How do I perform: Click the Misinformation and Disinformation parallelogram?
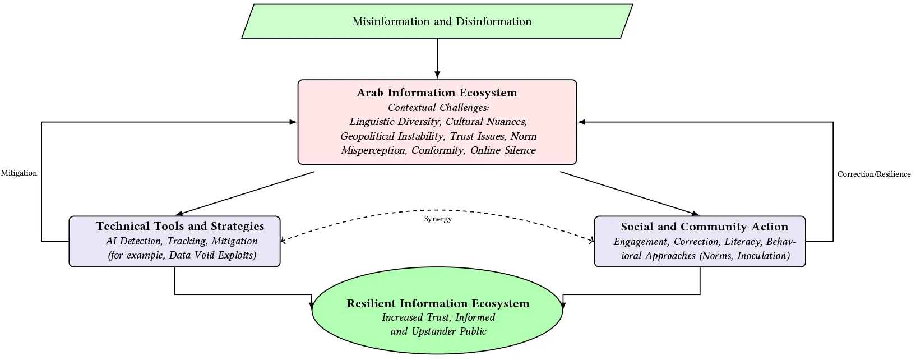[x=437, y=21]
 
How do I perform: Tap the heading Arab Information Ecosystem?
[x=437, y=93]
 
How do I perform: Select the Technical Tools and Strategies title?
[x=180, y=226]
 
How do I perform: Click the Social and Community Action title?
[x=705, y=227]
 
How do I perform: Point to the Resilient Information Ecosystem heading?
[x=438, y=303]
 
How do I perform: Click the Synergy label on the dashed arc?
[x=438, y=219]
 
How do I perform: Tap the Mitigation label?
[x=19, y=173]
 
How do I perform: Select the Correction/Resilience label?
[x=874, y=174]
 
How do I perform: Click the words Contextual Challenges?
[x=438, y=108]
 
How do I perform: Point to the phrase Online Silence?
[x=503, y=150]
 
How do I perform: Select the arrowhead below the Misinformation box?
[x=437, y=75]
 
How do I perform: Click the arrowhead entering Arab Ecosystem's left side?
[x=293, y=122]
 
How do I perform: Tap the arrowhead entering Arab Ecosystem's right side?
[x=581, y=122]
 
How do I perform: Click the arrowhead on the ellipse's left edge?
[x=312, y=306]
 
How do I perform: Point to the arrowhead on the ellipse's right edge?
[x=563, y=306]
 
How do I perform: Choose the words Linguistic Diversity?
[x=395, y=122]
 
